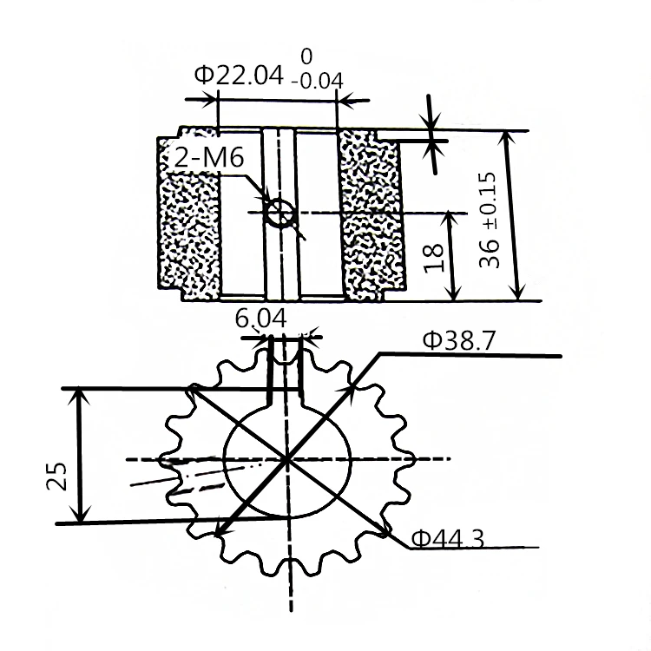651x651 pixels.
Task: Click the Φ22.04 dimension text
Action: (240, 76)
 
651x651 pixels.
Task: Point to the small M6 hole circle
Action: (279, 211)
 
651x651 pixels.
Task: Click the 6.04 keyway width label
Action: (260, 319)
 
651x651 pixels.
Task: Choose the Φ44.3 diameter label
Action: (448, 540)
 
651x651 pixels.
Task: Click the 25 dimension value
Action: (57, 476)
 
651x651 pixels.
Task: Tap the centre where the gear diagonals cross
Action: (286, 458)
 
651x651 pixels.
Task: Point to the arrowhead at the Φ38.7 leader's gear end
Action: (355, 388)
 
